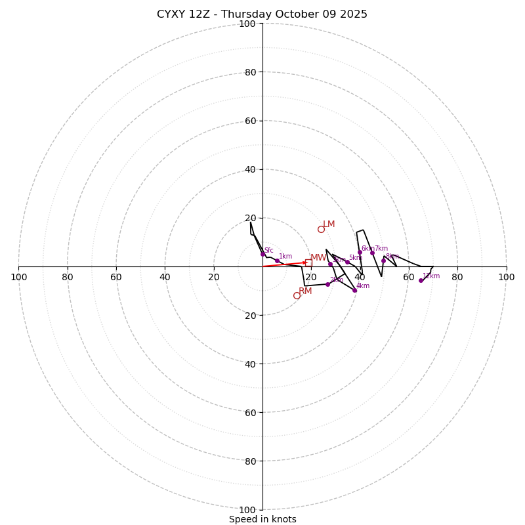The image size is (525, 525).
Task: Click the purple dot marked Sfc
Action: click(262, 254)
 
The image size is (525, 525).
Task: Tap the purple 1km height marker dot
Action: click(277, 261)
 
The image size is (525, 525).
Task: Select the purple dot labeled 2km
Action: click(327, 284)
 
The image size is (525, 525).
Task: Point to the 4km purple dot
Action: click(354, 290)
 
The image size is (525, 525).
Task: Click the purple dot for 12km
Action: click(421, 280)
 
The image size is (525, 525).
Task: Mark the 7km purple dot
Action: click(372, 253)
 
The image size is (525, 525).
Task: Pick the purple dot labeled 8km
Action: click(383, 261)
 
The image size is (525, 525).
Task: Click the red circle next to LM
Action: click(321, 229)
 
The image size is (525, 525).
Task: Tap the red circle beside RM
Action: click(297, 295)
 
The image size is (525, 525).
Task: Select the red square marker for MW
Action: click(308, 262)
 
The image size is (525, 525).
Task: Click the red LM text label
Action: click(329, 224)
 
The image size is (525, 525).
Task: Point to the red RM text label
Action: click(305, 291)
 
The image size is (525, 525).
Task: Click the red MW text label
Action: click(318, 258)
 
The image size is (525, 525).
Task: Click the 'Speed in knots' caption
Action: click(262, 519)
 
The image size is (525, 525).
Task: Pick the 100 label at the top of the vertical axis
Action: click(247, 24)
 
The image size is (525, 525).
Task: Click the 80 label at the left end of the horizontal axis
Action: click(68, 277)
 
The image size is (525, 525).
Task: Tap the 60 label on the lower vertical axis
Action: click(249, 412)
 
